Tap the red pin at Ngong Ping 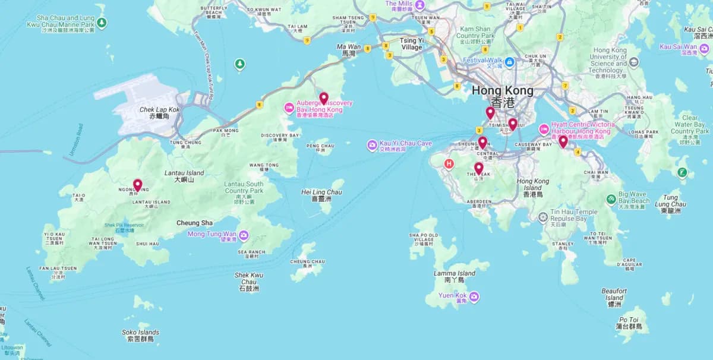[137, 185]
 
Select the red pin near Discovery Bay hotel [323, 98]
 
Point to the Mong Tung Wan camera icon [244, 235]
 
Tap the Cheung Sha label [194, 223]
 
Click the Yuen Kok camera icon [474, 296]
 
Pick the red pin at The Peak [478, 168]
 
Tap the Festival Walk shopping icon [509, 61]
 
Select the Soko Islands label [140, 336]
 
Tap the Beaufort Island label [614, 297]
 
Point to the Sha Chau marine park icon [102, 23]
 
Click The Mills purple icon [420, 5]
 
